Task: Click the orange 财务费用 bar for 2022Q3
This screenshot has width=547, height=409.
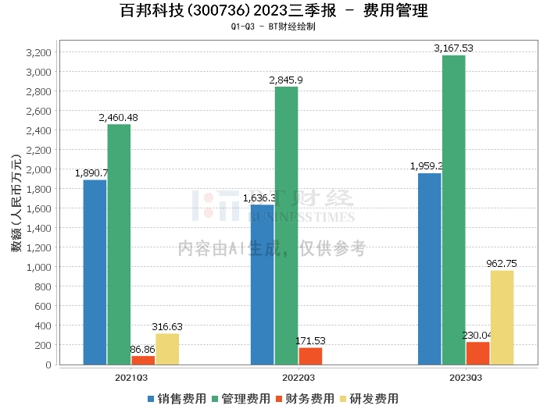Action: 310,356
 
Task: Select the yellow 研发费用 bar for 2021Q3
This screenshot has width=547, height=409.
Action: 167,349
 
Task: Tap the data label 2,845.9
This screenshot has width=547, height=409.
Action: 286,80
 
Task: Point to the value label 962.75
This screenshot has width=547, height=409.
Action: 501,263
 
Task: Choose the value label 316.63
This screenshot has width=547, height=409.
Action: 167,326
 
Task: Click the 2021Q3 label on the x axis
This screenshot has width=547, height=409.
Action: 130,377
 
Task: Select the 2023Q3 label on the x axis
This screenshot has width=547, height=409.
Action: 466,377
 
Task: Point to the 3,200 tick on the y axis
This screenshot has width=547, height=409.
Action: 38,52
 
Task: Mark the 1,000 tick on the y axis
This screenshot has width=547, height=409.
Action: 38,267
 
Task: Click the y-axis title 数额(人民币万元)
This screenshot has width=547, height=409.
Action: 15,208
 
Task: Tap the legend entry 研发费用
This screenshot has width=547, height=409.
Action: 369,398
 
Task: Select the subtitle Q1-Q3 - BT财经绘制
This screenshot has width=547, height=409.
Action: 273,27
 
